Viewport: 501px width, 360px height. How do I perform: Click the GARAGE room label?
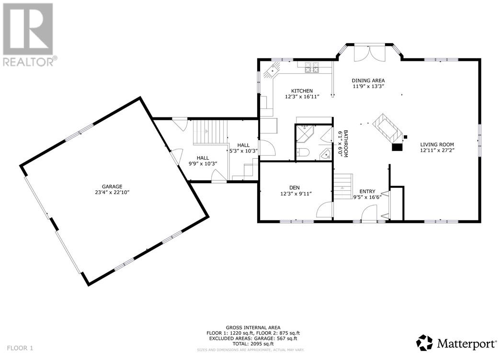[x=112, y=186]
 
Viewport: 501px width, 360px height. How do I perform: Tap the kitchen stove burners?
[x=312, y=68]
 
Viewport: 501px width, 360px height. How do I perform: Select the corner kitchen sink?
[x=272, y=70]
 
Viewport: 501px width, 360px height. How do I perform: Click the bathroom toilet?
[x=302, y=153]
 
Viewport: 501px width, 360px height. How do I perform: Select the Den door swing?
[x=325, y=210]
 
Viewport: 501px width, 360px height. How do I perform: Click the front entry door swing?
[x=369, y=213]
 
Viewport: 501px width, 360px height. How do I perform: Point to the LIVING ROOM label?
[x=437, y=144]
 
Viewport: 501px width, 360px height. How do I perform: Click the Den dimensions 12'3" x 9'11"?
[x=296, y=194]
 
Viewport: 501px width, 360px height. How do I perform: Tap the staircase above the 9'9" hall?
[x=210, y=132]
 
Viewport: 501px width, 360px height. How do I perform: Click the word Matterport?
[x=467, y=344]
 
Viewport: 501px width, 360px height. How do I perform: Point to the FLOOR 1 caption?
[x=20, y=348]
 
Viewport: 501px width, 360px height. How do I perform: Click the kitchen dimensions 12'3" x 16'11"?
[x=302, y=96]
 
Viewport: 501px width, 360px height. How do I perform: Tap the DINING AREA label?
[x=368, y=81]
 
